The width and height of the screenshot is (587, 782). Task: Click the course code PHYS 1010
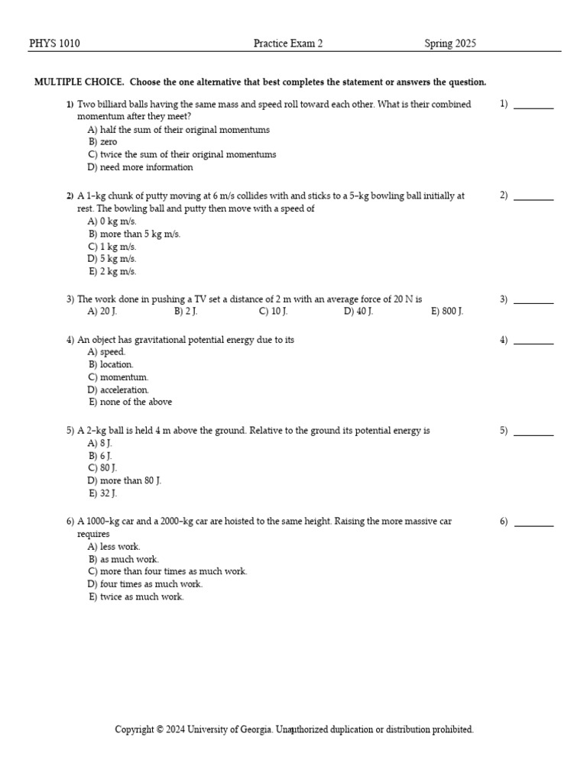tap(54, 44)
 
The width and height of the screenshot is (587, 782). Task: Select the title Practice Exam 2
tap(288, 44)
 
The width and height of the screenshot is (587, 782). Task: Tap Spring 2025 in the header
tap(450, 44)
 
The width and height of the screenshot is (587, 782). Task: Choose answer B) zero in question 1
tap(102, 142)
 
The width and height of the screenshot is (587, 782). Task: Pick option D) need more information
tap(141, 167)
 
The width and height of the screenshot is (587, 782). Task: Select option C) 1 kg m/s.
tap(112, 247)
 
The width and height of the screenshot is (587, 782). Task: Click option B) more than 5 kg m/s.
tap(135, 234)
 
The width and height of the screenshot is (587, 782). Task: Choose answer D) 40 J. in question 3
tap(358, 312)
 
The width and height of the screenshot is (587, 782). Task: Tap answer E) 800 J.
tap(447, 312)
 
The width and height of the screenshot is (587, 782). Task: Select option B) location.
tap(111, 365)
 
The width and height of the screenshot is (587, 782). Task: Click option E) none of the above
tap(131, 402)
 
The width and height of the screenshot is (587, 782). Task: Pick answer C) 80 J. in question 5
tap(102, 468)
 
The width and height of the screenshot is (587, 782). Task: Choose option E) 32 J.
tap(103, 493)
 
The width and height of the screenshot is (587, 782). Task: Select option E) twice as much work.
tap(137, 597)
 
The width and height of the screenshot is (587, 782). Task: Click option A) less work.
tap(115, 547)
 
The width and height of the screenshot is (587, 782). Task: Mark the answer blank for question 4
tap(533, 342)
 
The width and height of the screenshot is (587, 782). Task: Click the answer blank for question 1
tap(533, 107)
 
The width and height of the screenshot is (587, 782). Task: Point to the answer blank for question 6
tap(533, 524)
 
